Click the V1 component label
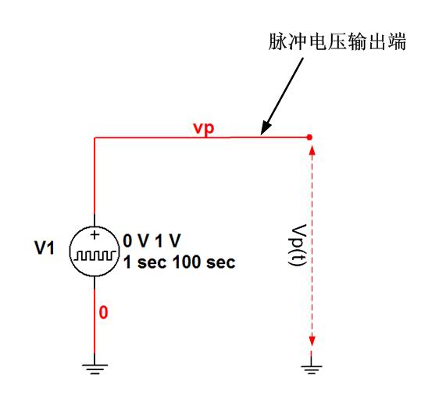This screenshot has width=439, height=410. (45, 248)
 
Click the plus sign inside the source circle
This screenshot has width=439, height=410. (95, 235)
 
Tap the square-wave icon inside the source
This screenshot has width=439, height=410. (95, 255)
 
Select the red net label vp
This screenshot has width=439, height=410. (204, 128)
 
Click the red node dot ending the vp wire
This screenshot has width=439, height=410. (309, 137)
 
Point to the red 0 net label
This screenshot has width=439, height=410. (103, 312)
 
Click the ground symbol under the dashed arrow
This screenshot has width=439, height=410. (312, 369)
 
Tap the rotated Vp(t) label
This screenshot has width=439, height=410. (298, 245)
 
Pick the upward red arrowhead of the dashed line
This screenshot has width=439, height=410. (312, 150)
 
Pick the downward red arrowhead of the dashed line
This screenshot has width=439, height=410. (312, 341)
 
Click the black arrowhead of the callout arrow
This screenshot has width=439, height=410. (266, 128)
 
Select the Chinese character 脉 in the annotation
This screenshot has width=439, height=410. (278, 41)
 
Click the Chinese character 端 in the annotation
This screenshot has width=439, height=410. (397, 41)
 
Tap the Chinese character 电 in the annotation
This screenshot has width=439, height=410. (317, 41)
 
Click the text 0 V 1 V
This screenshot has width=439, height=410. (152, 241)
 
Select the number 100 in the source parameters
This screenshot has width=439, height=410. (187, 262)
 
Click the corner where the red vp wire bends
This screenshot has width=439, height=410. (95, 137)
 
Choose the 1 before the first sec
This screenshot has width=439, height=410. (127, 262)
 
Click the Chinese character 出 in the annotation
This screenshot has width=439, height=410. (377, 41)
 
